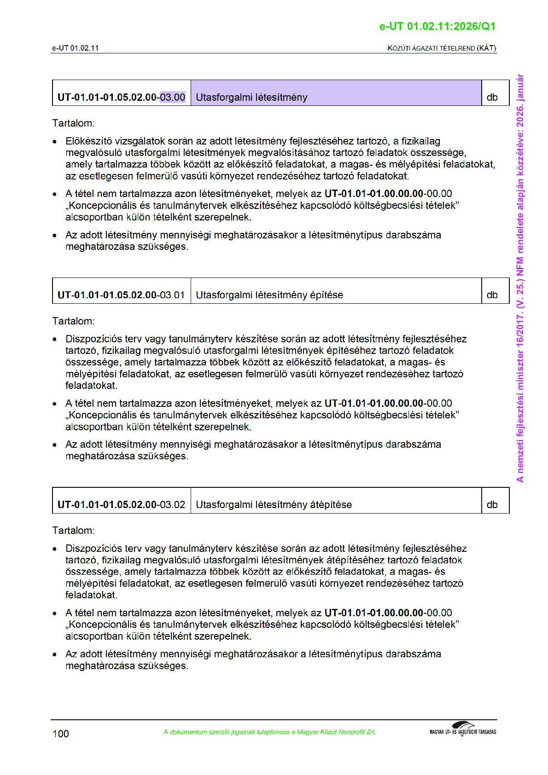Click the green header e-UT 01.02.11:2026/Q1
pos(437,26)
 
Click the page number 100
pos(61,734)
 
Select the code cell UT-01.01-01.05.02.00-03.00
pos(121,97)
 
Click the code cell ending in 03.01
pos(121,295)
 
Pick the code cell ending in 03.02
pos(121,504)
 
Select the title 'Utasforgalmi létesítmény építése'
pos(269,295)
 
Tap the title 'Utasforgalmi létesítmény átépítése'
pos(274,504)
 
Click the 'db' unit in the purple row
pos(492,97)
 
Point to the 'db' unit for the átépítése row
pos(492,504)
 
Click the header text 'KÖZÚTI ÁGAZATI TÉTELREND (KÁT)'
pos(442,48)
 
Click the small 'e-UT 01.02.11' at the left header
pos(75,48)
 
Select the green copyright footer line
pos(269,732)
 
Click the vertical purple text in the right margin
pos(520,278)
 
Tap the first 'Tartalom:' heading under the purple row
pos(73,123)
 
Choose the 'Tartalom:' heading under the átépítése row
pos(73,531)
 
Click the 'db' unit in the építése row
pos(492,295)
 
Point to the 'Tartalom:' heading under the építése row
pos(73,321)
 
